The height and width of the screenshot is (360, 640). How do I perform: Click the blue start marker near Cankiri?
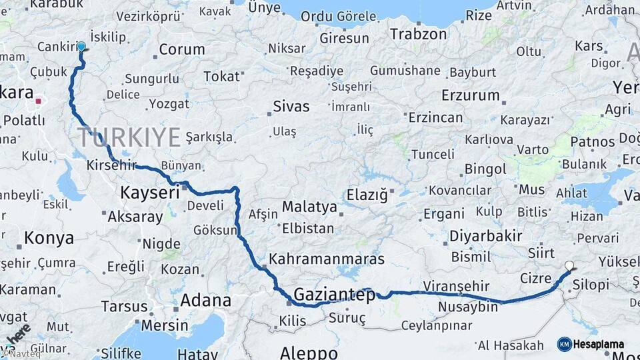tap(81, 47)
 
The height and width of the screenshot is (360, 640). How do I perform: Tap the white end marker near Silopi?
tap(569, 265)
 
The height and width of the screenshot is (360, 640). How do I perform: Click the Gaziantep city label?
tap(335, 295)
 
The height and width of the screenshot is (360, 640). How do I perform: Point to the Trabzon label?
tap(418, 33)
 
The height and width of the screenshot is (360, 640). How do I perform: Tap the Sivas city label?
tap(291, 106)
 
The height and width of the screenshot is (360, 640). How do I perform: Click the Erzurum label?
tap(470, 95)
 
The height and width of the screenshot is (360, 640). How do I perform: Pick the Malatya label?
tap(309, 207)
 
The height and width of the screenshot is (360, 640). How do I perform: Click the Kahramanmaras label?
tap(326, 259)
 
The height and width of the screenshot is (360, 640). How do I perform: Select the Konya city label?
tap(49, 238)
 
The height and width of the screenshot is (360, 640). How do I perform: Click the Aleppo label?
tap(309, 353)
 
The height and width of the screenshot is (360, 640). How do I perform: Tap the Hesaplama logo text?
tap(599, 344)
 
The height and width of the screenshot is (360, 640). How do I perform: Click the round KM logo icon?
tap(564, 344)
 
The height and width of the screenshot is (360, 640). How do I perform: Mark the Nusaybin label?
tap(468, 307)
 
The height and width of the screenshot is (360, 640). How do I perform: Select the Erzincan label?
tap(435, 117)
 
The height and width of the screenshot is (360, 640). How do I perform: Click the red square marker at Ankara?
tap(39, 102)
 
